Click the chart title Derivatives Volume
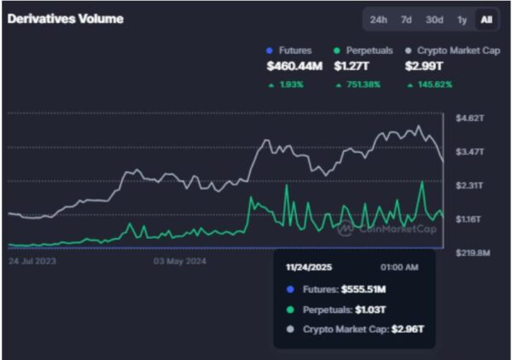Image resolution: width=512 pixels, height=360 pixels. [66, 20]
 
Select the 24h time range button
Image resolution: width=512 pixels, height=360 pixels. [378, 20]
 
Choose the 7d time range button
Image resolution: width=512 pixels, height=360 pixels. [406, 20]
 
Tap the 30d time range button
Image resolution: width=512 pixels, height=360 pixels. [434, 20]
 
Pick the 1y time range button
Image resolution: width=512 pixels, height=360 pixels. [462, 20]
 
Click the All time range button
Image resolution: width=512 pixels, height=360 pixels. [486, 20]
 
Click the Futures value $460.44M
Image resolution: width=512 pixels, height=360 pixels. [294, 66]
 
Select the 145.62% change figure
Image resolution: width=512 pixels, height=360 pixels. [433, 84]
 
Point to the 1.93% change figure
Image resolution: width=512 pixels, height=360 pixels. [295, 84]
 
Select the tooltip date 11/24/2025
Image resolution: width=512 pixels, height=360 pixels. [308, 267]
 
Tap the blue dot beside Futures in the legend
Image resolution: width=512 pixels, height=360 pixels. [271, 50]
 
